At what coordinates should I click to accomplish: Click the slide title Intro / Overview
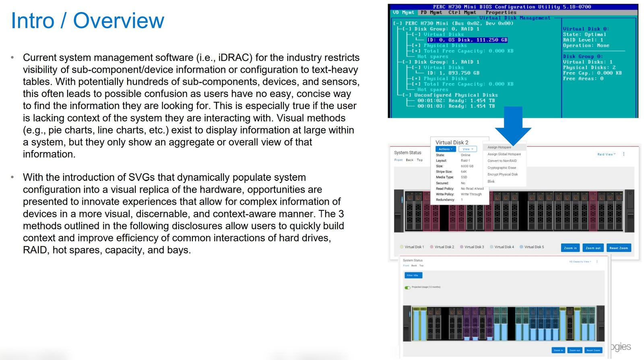pos(87,21)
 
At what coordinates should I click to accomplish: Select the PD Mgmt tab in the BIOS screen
pos(431,12)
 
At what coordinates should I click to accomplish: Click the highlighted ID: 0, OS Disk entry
pos(467,40)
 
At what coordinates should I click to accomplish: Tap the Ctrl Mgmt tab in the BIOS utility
pos(462,12)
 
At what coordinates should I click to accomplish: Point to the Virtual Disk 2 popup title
pos(452,142)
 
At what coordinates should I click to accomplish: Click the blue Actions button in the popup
pos(445,149)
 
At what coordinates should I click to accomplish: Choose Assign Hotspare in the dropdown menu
pos(499,147)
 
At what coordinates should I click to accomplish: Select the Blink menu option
pos(491,181)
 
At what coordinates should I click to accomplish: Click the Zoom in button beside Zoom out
pos(570,248)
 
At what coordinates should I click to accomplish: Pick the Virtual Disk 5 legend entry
pos(533,247)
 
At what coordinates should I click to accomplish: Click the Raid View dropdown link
pos(606,154)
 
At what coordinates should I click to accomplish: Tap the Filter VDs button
pos(413,275)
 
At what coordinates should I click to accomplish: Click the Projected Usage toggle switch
pos(408,287)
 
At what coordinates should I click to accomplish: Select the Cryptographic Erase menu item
pos(502,168)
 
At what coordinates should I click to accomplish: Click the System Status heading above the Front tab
pos(407,153)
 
